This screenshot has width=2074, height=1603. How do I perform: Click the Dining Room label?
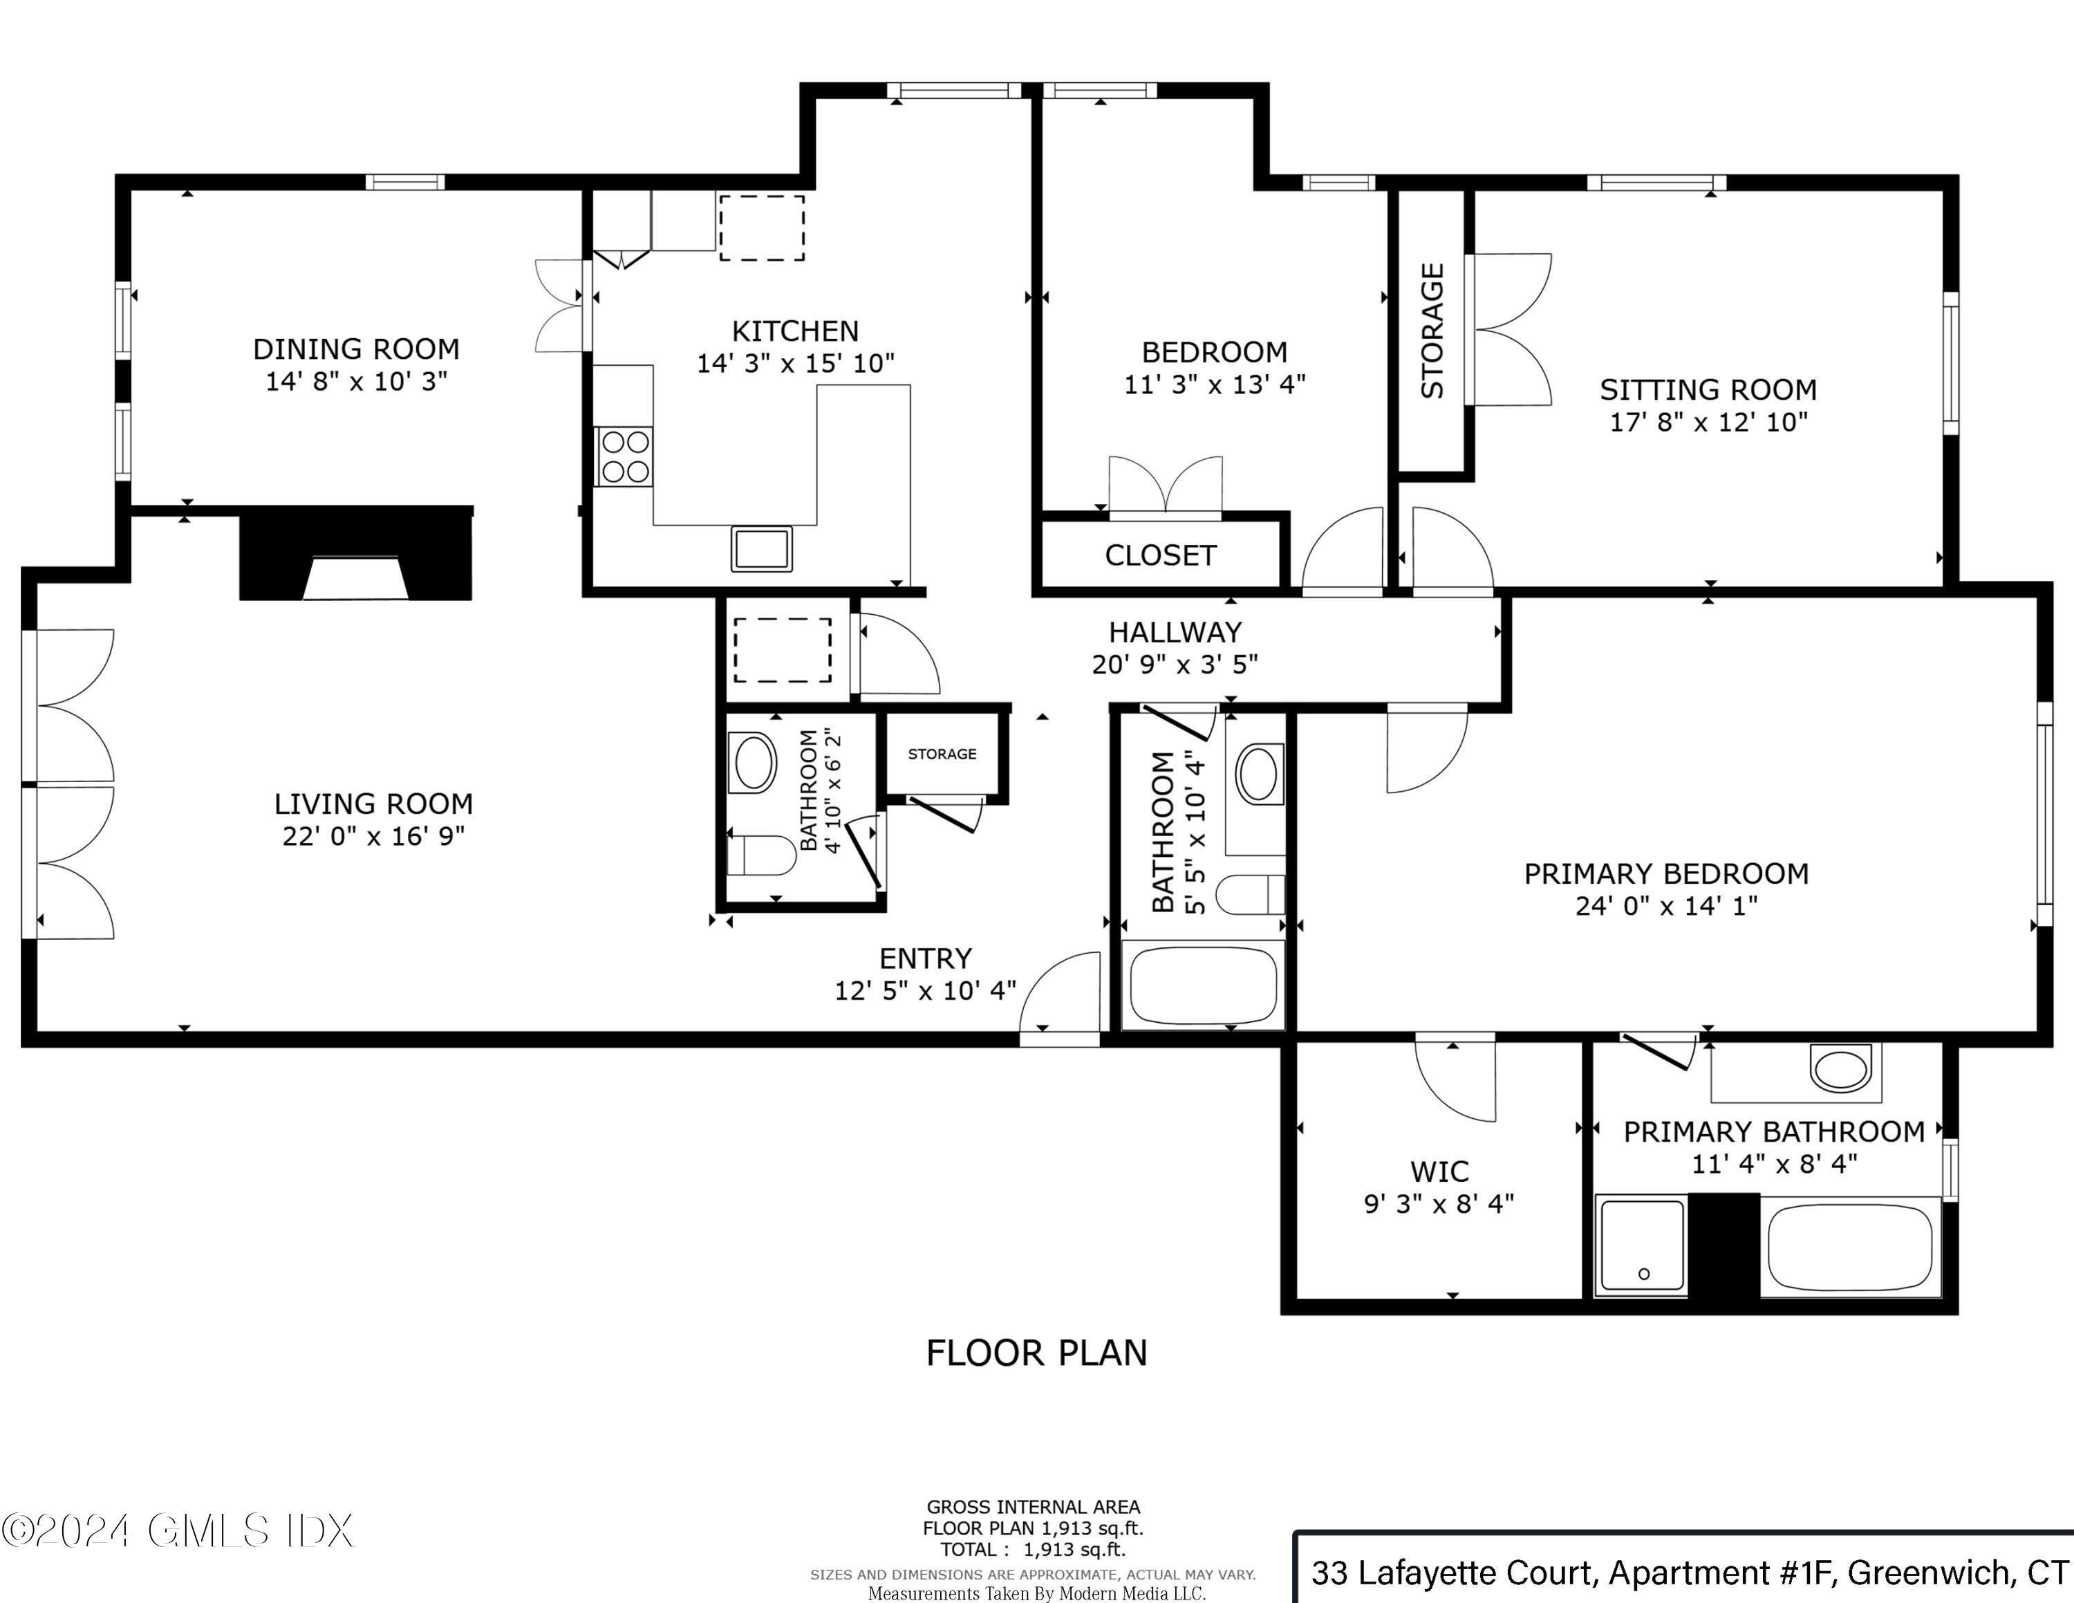(355, 349)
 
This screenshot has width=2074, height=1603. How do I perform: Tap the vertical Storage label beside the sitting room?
(1432, 331)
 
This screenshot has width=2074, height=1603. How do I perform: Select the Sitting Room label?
(1708, 389)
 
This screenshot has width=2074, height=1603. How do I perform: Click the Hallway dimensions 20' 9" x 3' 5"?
(1175, 665)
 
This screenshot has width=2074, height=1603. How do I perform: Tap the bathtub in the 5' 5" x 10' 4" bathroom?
(1202, 984)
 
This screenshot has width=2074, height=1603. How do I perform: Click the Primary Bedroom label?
(1665, 873)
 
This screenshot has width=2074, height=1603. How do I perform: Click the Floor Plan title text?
(1036, 1352)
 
